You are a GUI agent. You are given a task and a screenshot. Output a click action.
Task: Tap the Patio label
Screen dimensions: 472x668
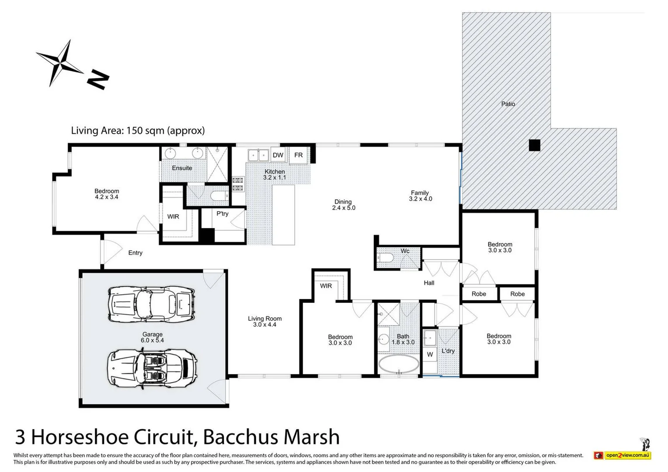click(508, 104)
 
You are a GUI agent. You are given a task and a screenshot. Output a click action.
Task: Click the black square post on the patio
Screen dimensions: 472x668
click(534, 145)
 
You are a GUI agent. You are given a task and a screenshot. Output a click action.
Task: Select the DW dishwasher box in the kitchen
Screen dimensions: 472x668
click(278, 155)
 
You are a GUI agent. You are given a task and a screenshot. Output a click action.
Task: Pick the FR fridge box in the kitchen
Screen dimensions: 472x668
click(299, 155)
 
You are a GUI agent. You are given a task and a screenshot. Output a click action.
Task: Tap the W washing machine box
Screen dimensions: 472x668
click(430, 354)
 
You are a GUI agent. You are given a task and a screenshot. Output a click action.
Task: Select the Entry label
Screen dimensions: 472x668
click(135, 253)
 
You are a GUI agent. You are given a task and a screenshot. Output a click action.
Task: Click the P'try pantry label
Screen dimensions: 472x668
click(223, 214)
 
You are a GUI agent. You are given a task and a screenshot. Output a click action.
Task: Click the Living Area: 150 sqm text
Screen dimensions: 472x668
click(138, 130)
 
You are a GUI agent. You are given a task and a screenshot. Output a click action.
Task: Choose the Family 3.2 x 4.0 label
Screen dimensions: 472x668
click(420, 196)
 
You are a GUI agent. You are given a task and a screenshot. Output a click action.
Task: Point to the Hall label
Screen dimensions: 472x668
click(429, 283)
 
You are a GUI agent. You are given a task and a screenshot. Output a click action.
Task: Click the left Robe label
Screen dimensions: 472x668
click(479, 294)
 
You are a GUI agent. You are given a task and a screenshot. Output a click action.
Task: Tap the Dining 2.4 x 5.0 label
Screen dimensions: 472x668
click(343, 205)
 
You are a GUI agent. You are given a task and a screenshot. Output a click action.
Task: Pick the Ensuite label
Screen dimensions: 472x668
click(182, 168)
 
